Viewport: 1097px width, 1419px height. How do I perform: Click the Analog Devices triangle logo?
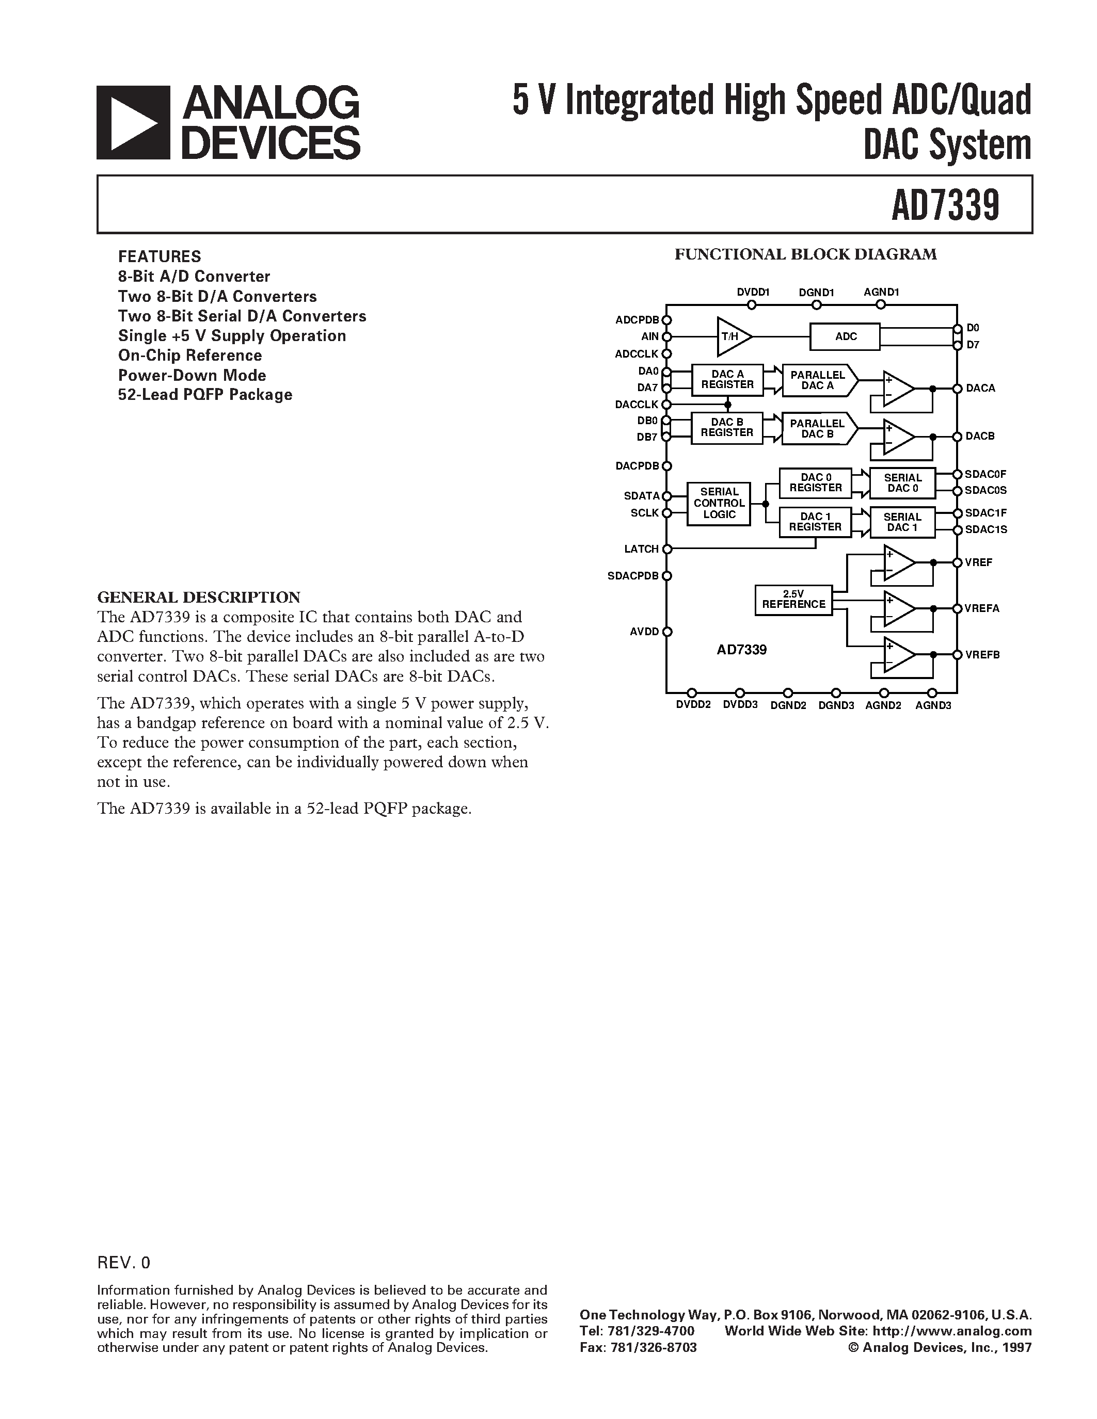(x=133, y=123)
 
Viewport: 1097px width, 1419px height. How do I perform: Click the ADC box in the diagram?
(x=845, y=336)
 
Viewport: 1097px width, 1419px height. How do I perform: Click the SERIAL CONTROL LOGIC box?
(x=719, y=504)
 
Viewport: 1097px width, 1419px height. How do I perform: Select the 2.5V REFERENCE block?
(x=793, y=599)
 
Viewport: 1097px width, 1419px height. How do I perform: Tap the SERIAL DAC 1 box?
(x=902, y=522)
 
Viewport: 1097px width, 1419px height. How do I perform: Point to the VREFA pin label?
(x=982, y=609)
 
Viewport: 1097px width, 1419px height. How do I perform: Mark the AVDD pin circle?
(x=667, y=632)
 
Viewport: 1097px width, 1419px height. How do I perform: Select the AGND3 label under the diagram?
(x=933, y=705)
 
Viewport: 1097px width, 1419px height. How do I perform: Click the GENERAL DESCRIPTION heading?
(x=198, y=597)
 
